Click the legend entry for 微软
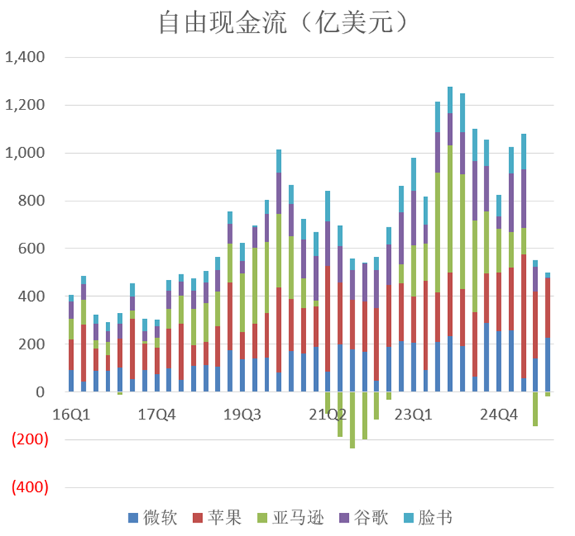click(153, 518)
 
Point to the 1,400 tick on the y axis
click(25, 58)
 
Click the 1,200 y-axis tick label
click(25, 105)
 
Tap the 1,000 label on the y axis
click(25, 153)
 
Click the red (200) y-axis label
click(28, 440)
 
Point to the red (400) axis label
click(28, 488)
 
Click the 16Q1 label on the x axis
click(71, 414)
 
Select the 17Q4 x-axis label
click(157, 414)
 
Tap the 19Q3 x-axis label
click(242, 414)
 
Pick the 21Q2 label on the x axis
click(328, 414)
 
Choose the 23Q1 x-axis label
click(414, 414)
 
